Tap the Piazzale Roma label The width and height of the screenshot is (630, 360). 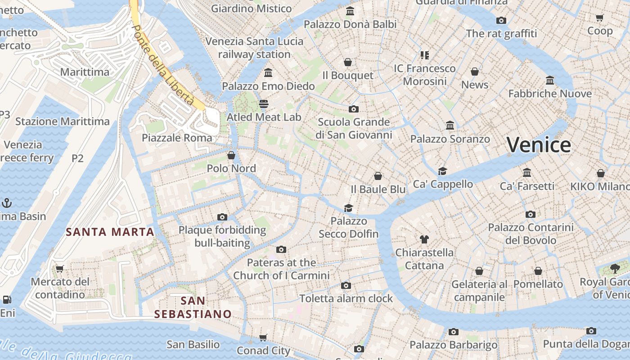pos(177,138)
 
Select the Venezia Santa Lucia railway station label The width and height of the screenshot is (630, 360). pos(254,48)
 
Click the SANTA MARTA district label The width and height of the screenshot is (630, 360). pos(110,232)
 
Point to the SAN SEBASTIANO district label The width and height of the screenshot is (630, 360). pos(193,307)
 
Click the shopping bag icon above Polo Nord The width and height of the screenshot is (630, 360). pos(231,155)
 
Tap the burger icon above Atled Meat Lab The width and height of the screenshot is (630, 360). pos(264,104)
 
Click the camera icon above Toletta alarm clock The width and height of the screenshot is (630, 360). pos(346,285)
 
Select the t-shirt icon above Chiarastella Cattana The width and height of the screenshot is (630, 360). pos(424,239)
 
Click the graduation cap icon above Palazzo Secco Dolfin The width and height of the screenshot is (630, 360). pos(348,208)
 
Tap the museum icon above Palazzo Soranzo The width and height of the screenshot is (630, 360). pos(450,126)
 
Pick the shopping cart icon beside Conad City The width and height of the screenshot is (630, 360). pos(263,337)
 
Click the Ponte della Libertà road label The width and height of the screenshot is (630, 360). pos(164,65)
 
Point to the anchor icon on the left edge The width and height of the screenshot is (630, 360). pos(6,203)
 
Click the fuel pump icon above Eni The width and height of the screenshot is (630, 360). pos(6,299)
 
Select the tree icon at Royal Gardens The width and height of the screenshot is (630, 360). pos(615,269)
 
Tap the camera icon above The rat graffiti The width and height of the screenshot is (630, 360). pos(501,20)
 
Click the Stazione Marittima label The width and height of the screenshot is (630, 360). pos(63,121)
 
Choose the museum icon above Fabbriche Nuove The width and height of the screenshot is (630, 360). pos(549,81)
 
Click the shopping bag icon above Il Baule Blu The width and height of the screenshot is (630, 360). pos(378,176)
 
